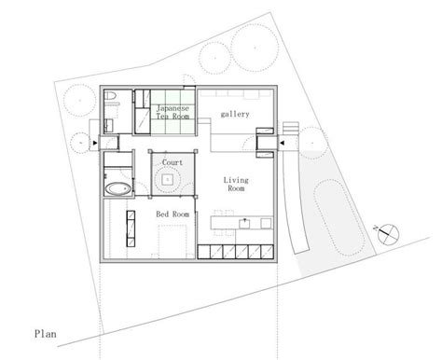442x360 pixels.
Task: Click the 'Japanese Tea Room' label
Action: click(173, 112)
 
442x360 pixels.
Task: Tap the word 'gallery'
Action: click(235, 114)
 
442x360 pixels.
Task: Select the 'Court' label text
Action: click(173, 162)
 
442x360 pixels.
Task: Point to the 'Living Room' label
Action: click(236, 184)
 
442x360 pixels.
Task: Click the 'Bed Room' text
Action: click(173, 215)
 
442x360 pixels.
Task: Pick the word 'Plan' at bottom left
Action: click(46, 334)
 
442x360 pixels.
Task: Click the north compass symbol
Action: click(388, 234)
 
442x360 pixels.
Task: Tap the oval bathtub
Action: click(118, 188)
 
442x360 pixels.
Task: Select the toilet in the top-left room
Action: click(110, 95)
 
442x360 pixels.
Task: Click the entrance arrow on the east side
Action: click(283, 143)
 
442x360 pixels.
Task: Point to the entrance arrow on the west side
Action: click(95, 143)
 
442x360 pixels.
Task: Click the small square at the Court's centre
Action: click(168, 179)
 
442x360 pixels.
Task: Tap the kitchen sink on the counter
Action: click(245, 223)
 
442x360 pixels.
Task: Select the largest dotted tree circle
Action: click(255, 48)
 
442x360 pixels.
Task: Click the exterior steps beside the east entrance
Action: click(291, 129)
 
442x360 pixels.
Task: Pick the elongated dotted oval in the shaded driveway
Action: click(339, 218)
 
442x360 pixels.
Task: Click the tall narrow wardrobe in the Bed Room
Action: click(131, 228)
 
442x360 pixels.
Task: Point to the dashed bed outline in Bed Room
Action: click(173, 242)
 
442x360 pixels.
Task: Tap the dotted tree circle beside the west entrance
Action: click(80, 143)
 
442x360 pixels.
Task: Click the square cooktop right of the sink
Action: click(266, 223)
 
